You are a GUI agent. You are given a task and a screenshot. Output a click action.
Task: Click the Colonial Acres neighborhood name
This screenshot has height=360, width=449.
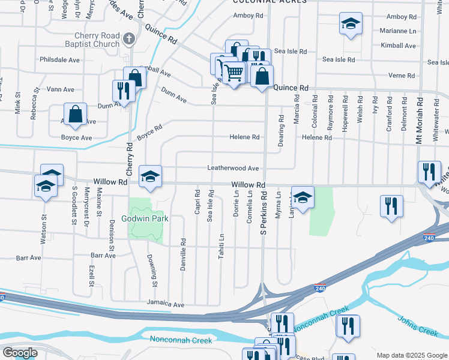click(269, 2)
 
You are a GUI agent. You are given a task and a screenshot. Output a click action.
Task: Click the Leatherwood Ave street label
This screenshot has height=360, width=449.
click(233, 169)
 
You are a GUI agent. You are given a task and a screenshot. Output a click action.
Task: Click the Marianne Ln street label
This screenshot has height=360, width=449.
click(398, 31)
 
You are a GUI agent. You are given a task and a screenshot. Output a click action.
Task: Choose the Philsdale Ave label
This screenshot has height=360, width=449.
click(59, 60)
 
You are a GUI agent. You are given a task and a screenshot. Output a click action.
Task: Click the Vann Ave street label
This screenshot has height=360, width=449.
click(60, 89)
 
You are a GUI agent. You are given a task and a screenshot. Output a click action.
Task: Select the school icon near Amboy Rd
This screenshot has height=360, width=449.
click(350, 24)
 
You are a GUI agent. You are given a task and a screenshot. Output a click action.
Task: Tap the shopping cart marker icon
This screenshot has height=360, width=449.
click(234, 73)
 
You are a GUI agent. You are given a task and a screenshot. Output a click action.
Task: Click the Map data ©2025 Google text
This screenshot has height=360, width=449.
click(411, 355)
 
